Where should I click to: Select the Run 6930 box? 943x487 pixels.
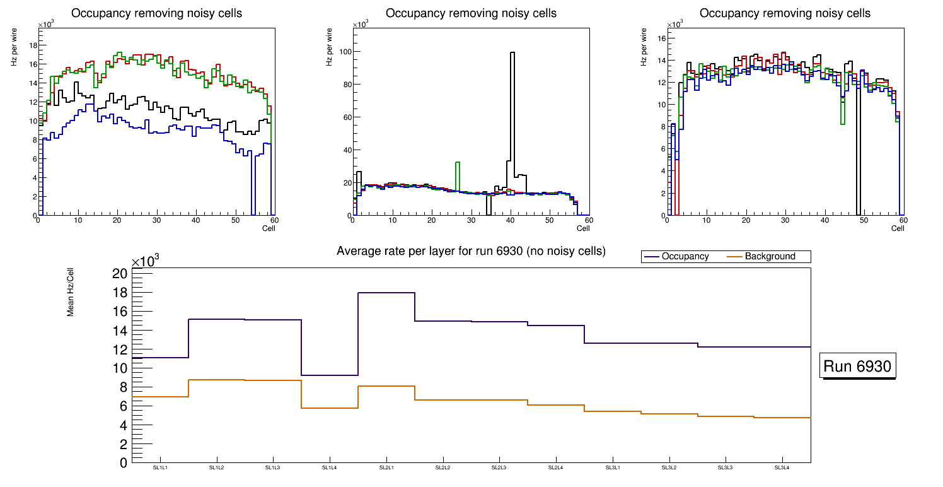858,367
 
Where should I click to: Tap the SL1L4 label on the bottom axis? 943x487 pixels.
330,467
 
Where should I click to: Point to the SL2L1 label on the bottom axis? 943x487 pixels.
386,467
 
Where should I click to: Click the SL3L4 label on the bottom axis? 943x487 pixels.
782,467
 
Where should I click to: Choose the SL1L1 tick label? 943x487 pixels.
160,467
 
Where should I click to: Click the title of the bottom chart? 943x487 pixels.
471,251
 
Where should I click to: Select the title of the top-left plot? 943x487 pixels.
157,13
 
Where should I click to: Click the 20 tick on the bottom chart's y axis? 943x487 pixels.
120,273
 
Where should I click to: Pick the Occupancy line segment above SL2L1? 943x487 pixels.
386,293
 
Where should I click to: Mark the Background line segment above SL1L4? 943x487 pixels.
330,408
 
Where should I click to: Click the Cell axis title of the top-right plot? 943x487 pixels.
898,228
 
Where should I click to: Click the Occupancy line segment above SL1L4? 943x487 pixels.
330,375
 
